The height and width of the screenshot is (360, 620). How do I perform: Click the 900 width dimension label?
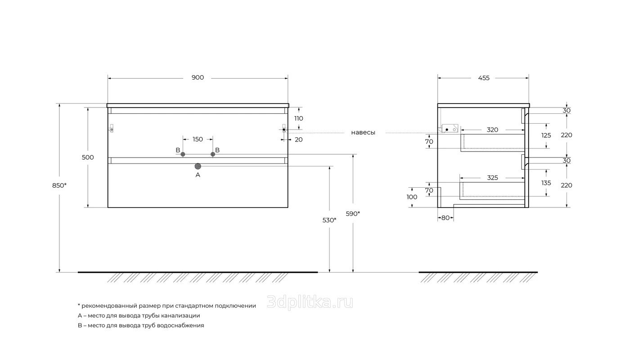click(198, 77)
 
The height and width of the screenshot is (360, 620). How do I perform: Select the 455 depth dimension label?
click(484, 78)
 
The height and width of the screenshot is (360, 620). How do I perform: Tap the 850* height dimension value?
click(59, 185)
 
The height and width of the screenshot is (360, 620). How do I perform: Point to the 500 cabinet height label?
click(88, 157)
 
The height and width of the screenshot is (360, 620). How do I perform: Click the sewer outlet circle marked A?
click(198, 166)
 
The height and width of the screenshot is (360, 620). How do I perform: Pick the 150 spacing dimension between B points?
click(198, 139)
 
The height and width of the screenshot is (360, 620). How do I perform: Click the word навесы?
click(363, 133)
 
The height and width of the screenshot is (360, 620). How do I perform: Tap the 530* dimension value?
click(329, 220)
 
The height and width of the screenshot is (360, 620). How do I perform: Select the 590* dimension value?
click(353, 213)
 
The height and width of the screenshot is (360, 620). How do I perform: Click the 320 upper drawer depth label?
click(492, 130)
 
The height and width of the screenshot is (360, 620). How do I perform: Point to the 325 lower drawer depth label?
click(492, 177)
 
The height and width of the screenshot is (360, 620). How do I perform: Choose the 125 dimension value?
click(546, 135)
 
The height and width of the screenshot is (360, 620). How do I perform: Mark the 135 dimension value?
click(546, 183)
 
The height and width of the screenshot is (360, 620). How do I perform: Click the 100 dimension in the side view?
click(412, 197)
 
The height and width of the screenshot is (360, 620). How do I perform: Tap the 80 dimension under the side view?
click(445, 218)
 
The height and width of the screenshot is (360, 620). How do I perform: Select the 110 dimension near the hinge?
click(299, 118)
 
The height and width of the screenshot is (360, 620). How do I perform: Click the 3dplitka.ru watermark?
click(310, 302)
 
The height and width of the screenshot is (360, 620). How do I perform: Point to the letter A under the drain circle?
click(198, 175)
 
